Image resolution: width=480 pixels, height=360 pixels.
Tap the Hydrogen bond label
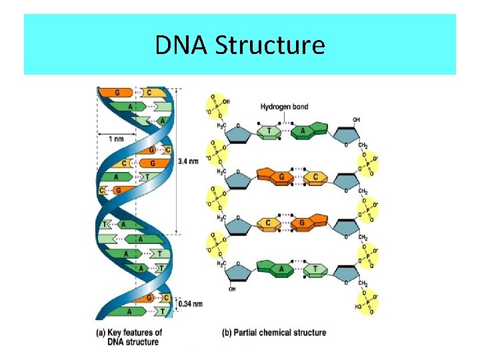[x=285, y=107]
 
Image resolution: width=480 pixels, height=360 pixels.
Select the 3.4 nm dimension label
[x=189, y=161]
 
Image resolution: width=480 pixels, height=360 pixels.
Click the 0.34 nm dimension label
[x=190, y=304]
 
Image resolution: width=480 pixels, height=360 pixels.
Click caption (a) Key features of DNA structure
[x=130, y=337]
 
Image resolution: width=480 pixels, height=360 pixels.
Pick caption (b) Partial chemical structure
[x=274, y=332]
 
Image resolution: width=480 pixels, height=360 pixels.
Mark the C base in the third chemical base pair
[x=267, y=223]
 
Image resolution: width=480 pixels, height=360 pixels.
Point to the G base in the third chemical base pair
[x=302, y=223]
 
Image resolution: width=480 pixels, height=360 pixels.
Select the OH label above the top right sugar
[x=357, y=120]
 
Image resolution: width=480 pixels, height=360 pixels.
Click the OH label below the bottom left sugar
[x=233, y=290]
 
